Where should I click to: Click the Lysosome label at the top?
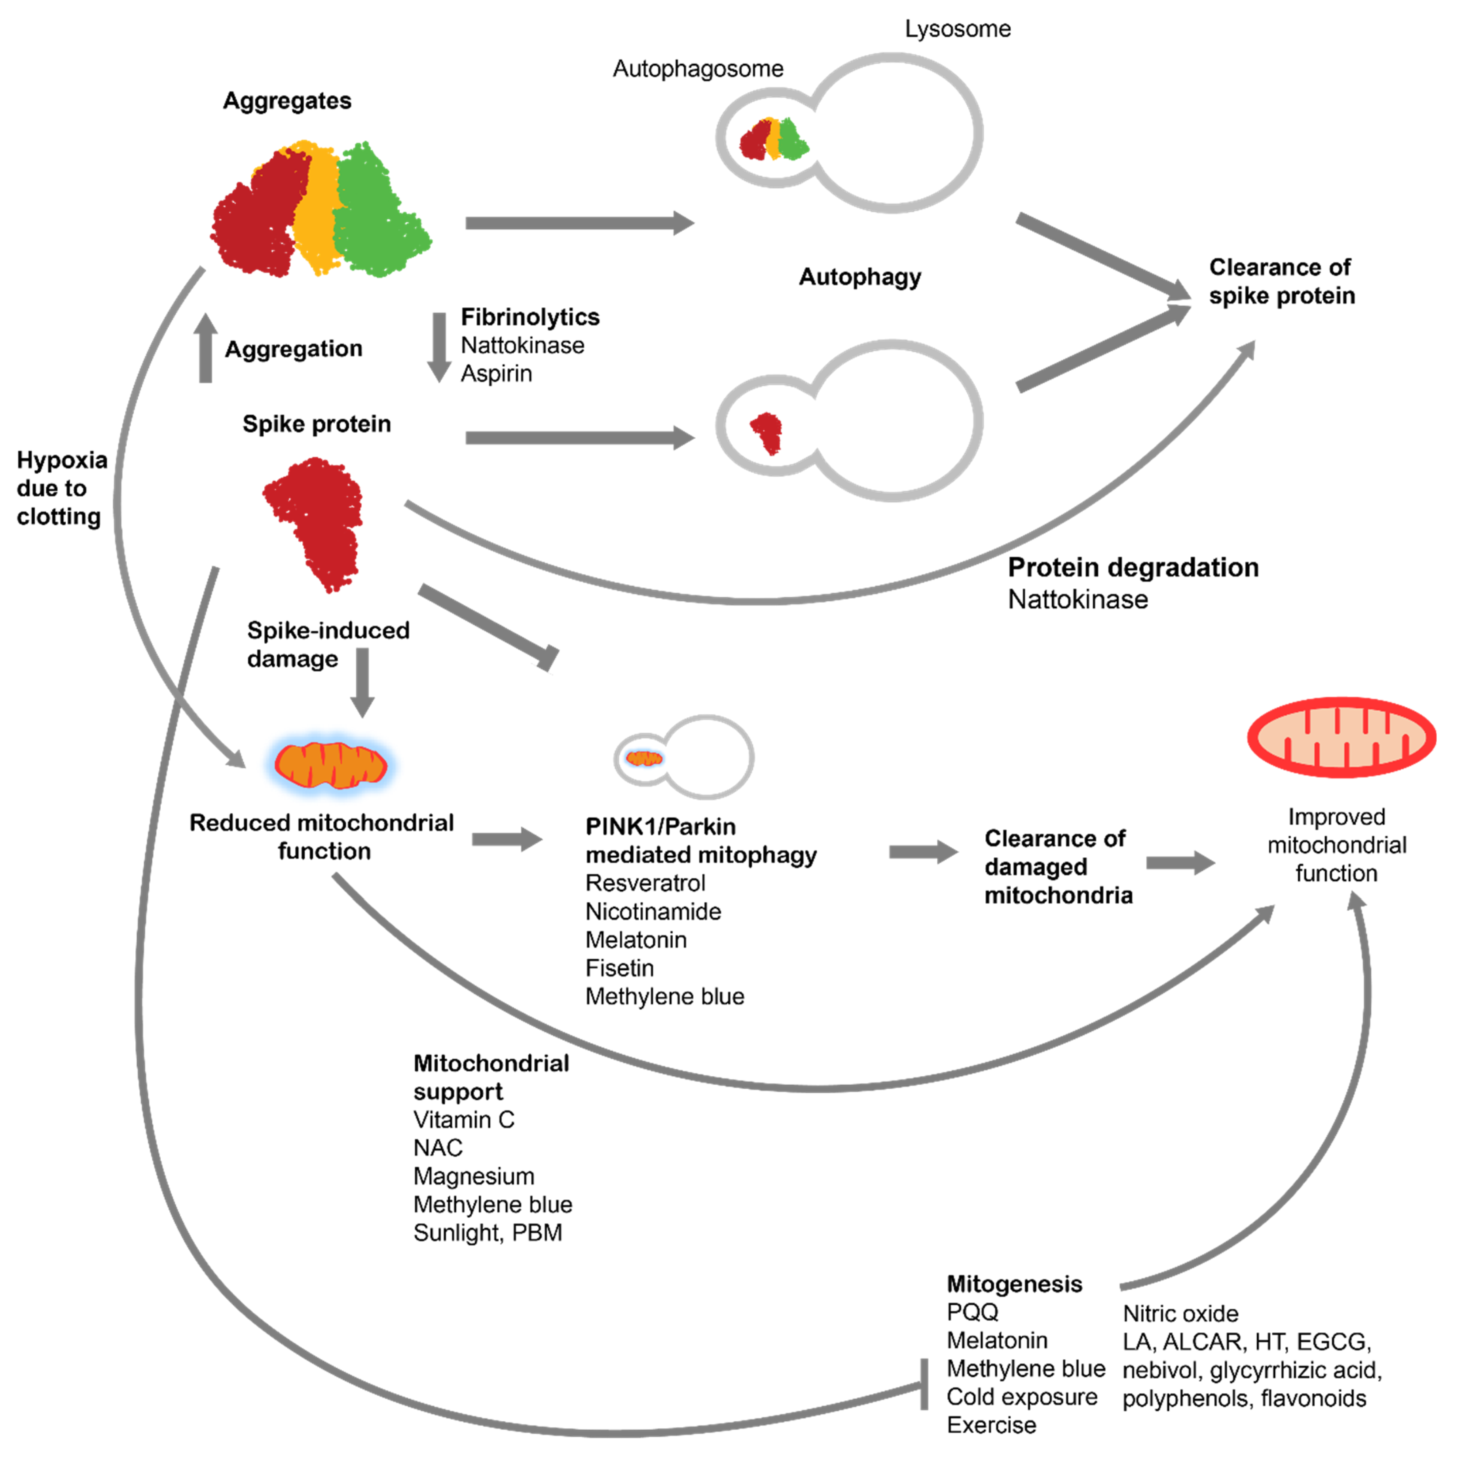[x=957, y=29]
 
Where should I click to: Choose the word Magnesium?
[x=473, y=1177]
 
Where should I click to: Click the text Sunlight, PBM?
[x=488, y=1233]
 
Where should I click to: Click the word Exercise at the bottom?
[x=991, y=1425]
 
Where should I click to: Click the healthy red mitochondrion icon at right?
[x=1341, y=737]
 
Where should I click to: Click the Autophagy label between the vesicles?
[x=860, y=277]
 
